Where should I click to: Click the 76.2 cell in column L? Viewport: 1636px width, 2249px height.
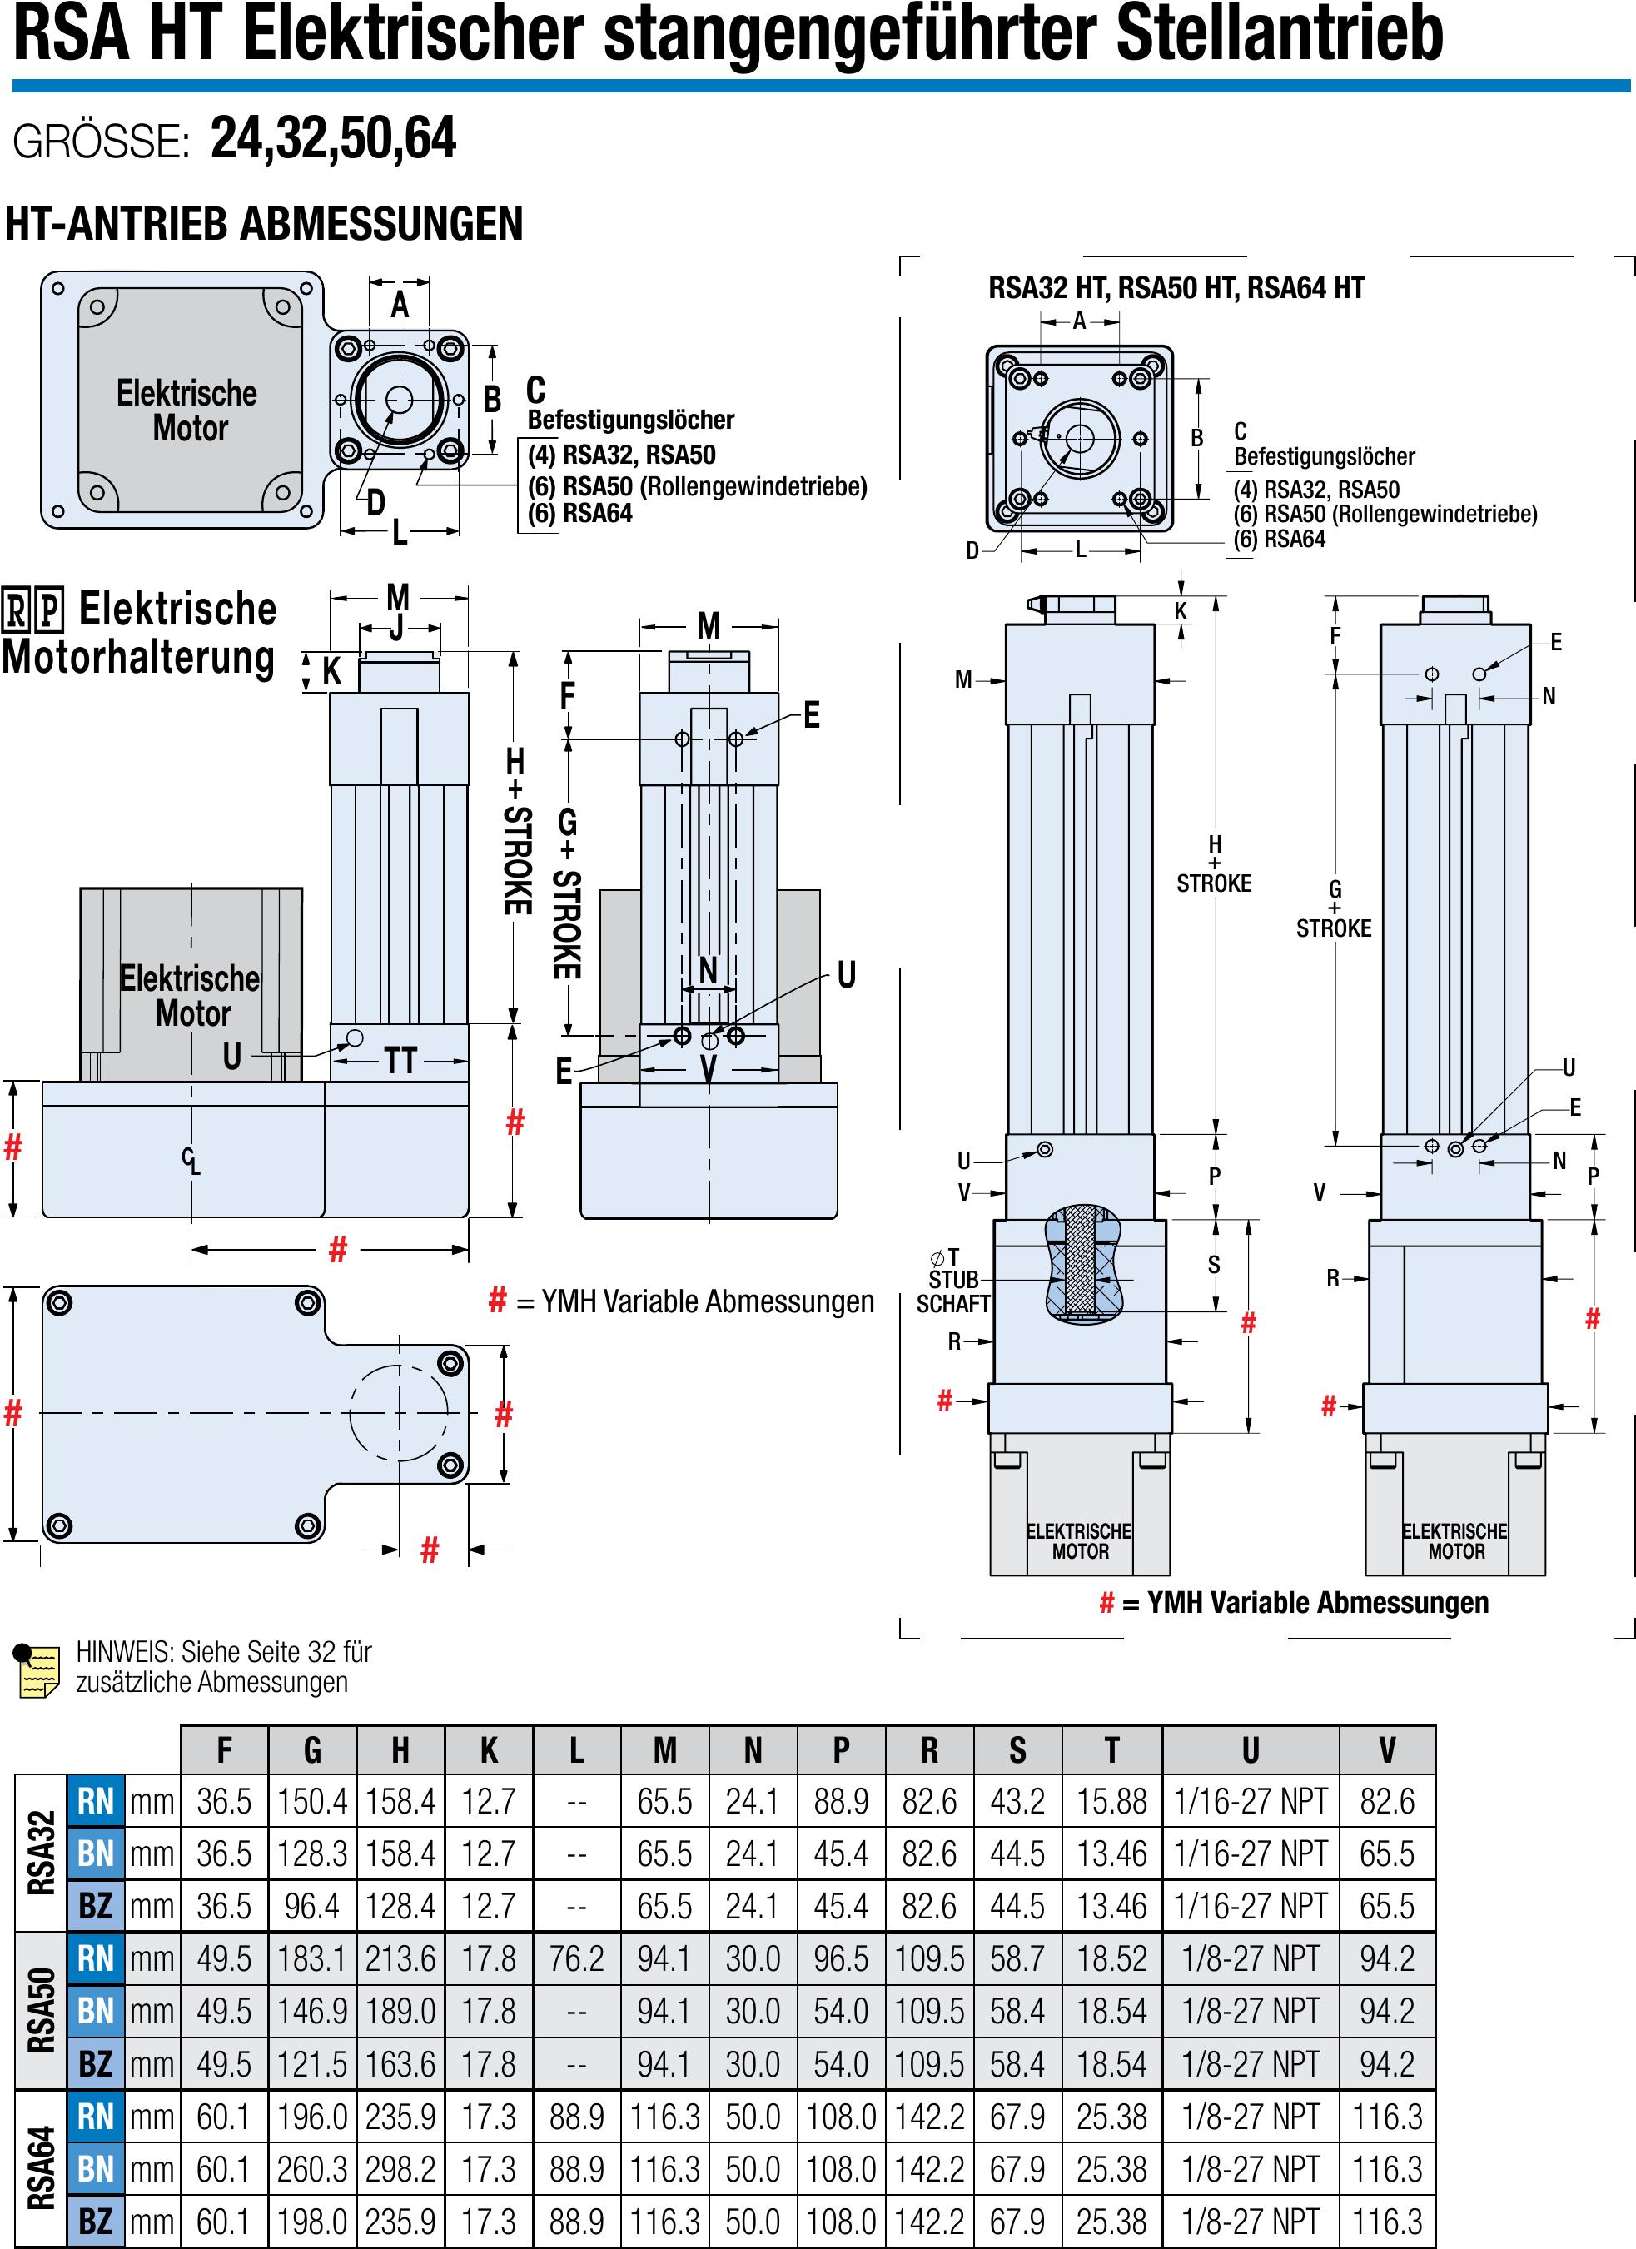coord(576,1958)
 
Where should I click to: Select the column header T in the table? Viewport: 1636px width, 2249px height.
coord(1111,1750)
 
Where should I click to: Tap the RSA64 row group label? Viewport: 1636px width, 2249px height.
coord(41,2169)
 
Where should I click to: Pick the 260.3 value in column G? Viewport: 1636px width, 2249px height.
coord(312,2169)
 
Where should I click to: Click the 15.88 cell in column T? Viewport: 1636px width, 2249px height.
coord(1111,1801)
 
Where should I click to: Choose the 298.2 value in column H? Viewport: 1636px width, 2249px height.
coord(400,2169)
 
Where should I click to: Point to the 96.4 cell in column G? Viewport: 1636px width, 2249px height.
coord(312,1906)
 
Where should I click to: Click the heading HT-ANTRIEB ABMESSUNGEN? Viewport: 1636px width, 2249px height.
coord(264,224)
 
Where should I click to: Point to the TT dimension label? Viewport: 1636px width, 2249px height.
coord(400,1061)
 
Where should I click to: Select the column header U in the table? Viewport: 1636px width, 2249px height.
coord(1250,1750)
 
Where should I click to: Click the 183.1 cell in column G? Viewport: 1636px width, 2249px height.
coord(312,1958)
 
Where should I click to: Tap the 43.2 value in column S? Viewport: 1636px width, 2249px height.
coord(1017,1801)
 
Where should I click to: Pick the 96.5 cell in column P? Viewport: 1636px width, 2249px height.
coord(841,1958)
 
